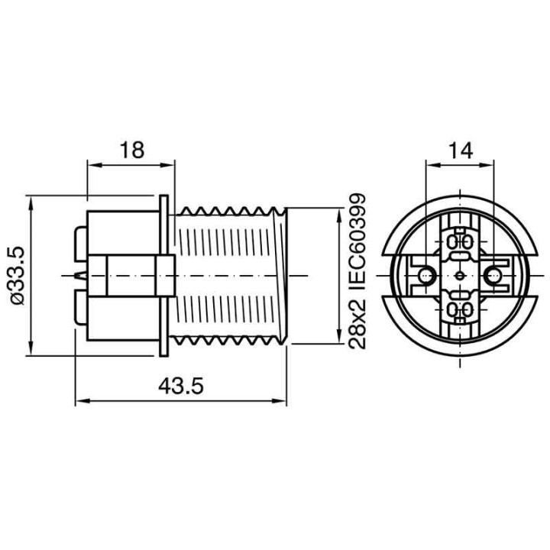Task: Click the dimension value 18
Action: point(131,149)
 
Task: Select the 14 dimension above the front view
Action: point(460,149)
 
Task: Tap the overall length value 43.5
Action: point(181,387)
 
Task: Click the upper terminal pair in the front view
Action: point(460,243)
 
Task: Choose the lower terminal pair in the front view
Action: point(460,308)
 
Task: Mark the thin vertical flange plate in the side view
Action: point(164,275)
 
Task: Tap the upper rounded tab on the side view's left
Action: point(81,244)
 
